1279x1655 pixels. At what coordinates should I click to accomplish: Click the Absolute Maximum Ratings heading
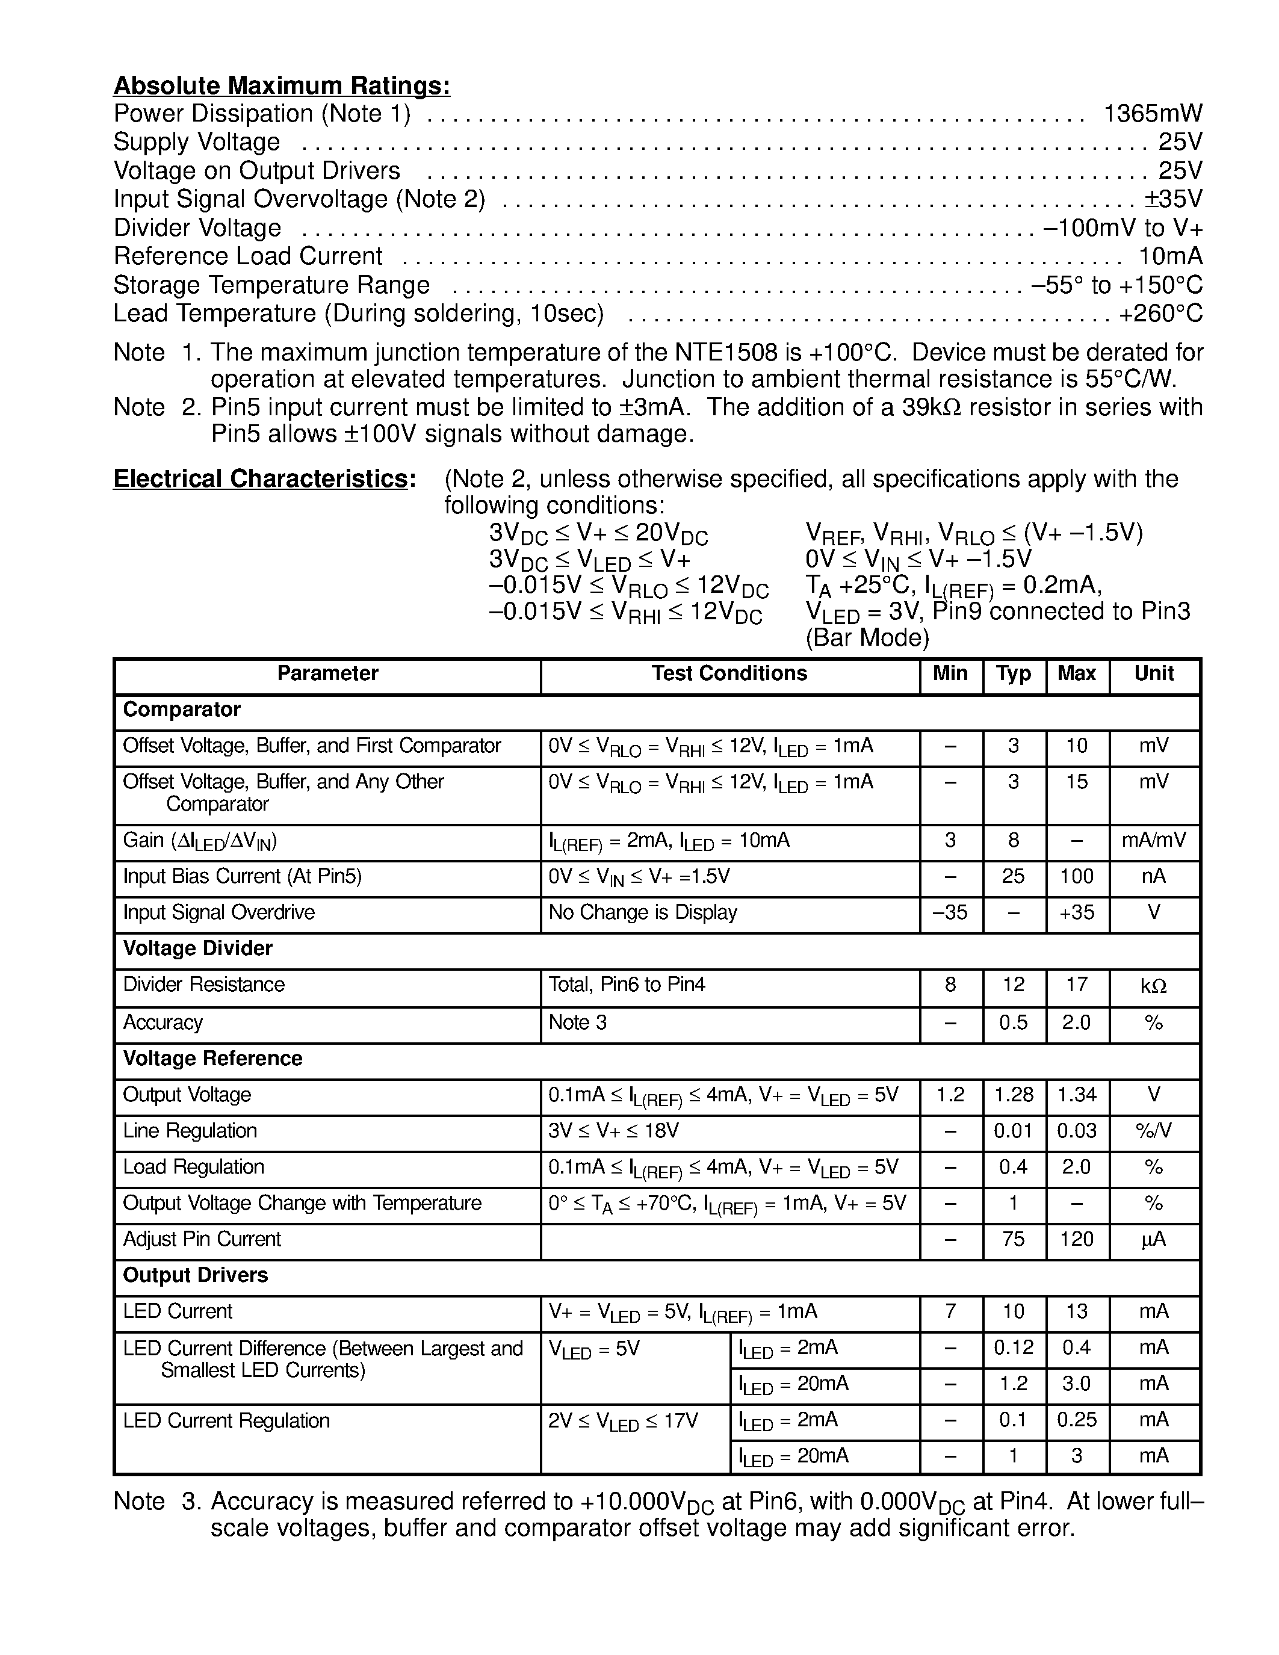[281, 85]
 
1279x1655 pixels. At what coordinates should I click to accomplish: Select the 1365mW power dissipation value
[1153, 114]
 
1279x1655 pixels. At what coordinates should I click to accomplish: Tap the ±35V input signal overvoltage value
[1173, 199]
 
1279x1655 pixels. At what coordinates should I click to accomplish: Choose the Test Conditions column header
[729, 673]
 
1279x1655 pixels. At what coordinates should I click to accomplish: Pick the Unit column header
[1153, 673]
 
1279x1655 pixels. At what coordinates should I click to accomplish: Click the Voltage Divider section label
[197, 948]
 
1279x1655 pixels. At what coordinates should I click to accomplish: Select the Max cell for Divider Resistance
[1076, 985]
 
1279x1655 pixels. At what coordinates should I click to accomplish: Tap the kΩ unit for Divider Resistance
[1153, 986]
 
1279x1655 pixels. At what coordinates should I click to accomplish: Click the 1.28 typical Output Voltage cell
[1013, 1095]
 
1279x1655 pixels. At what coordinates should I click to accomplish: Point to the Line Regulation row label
[190, 1131]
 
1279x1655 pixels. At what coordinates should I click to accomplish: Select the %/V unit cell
[1153, 1131]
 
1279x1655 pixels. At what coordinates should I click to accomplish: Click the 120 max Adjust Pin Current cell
[1076, 1240]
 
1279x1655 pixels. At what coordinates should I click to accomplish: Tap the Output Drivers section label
[195, 1275]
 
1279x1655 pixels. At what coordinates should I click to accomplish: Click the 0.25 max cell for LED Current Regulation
[1076, 1420]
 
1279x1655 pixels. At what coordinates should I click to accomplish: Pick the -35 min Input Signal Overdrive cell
[950, 912]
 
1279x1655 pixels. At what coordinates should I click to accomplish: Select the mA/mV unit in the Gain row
[1153, 840]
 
